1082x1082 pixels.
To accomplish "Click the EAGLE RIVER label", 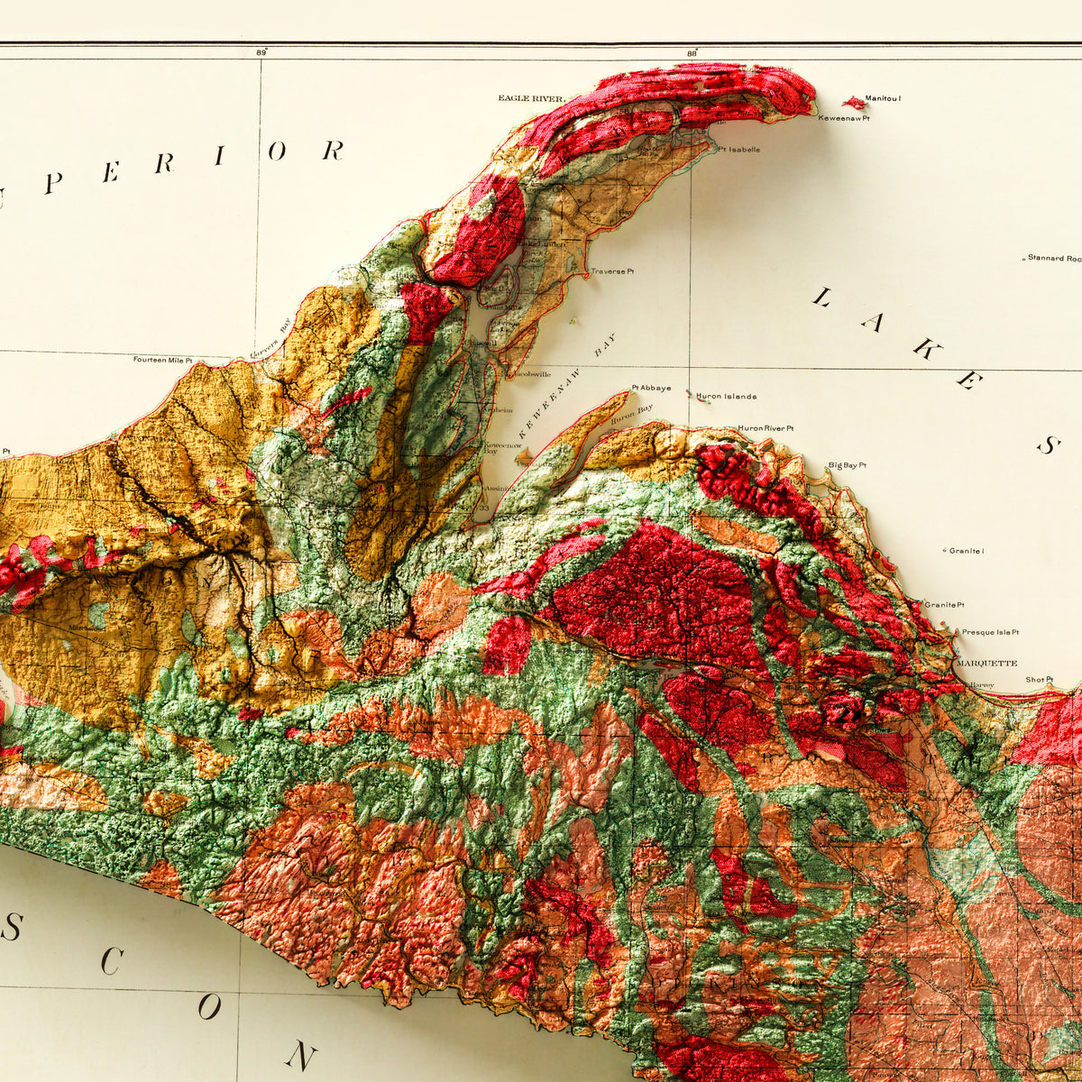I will pos(531,98).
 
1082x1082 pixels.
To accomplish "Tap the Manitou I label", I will pos(883,98).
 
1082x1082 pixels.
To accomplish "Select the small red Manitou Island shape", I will pos(853,103).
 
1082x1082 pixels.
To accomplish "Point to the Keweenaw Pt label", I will pos(844,118).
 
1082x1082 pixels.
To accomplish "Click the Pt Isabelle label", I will pos(738,150).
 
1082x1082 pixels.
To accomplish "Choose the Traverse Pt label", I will pos(612,271).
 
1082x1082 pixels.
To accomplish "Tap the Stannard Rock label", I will pos(1054,259).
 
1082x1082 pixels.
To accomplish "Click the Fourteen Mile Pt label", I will pos(163,360).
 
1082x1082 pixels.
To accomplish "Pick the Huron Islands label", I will pos(726,397).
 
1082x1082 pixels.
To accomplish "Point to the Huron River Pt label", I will pos(766,428).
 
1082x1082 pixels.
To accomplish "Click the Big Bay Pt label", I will pos(847,465).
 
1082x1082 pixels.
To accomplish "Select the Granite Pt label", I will pos(944,604).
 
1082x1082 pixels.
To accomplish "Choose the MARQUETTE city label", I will pos(986,663).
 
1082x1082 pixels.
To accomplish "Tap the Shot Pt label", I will pos(1039,680).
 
